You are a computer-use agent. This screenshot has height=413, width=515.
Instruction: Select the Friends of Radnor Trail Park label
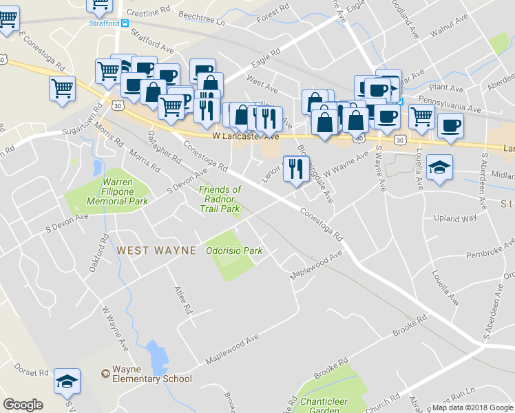coord(220,199)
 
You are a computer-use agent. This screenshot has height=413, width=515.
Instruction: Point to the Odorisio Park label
coord(234,251)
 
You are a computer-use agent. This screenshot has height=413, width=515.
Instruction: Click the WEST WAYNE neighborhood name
coord(156,251)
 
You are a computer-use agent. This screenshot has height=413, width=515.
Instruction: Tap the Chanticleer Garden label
coord(323,405)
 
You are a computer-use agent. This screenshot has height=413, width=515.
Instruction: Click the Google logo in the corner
coord(23,405)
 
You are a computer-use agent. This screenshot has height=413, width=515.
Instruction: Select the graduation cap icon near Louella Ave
coord(439,168)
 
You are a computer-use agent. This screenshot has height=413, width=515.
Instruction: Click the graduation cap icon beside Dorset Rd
coord(67,381)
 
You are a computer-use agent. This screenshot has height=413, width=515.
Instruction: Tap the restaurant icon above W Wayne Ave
coord(296,168)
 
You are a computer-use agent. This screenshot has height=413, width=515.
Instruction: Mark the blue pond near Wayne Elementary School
coord(158,356)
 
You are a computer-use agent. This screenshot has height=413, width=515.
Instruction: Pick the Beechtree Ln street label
coord(202,22)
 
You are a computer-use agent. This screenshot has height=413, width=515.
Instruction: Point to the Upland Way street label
coord(454,218)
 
